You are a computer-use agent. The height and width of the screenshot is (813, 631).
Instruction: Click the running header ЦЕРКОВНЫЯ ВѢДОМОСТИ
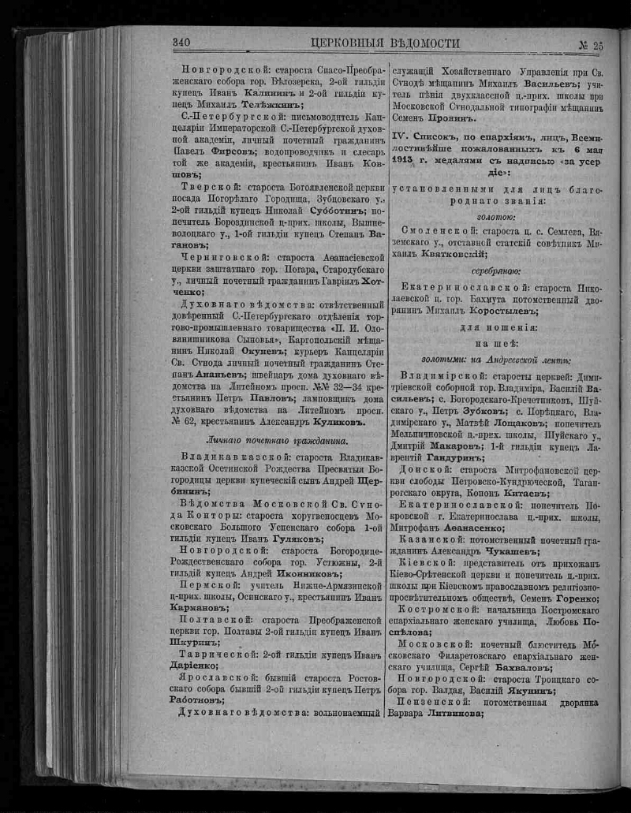(386, 44)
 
